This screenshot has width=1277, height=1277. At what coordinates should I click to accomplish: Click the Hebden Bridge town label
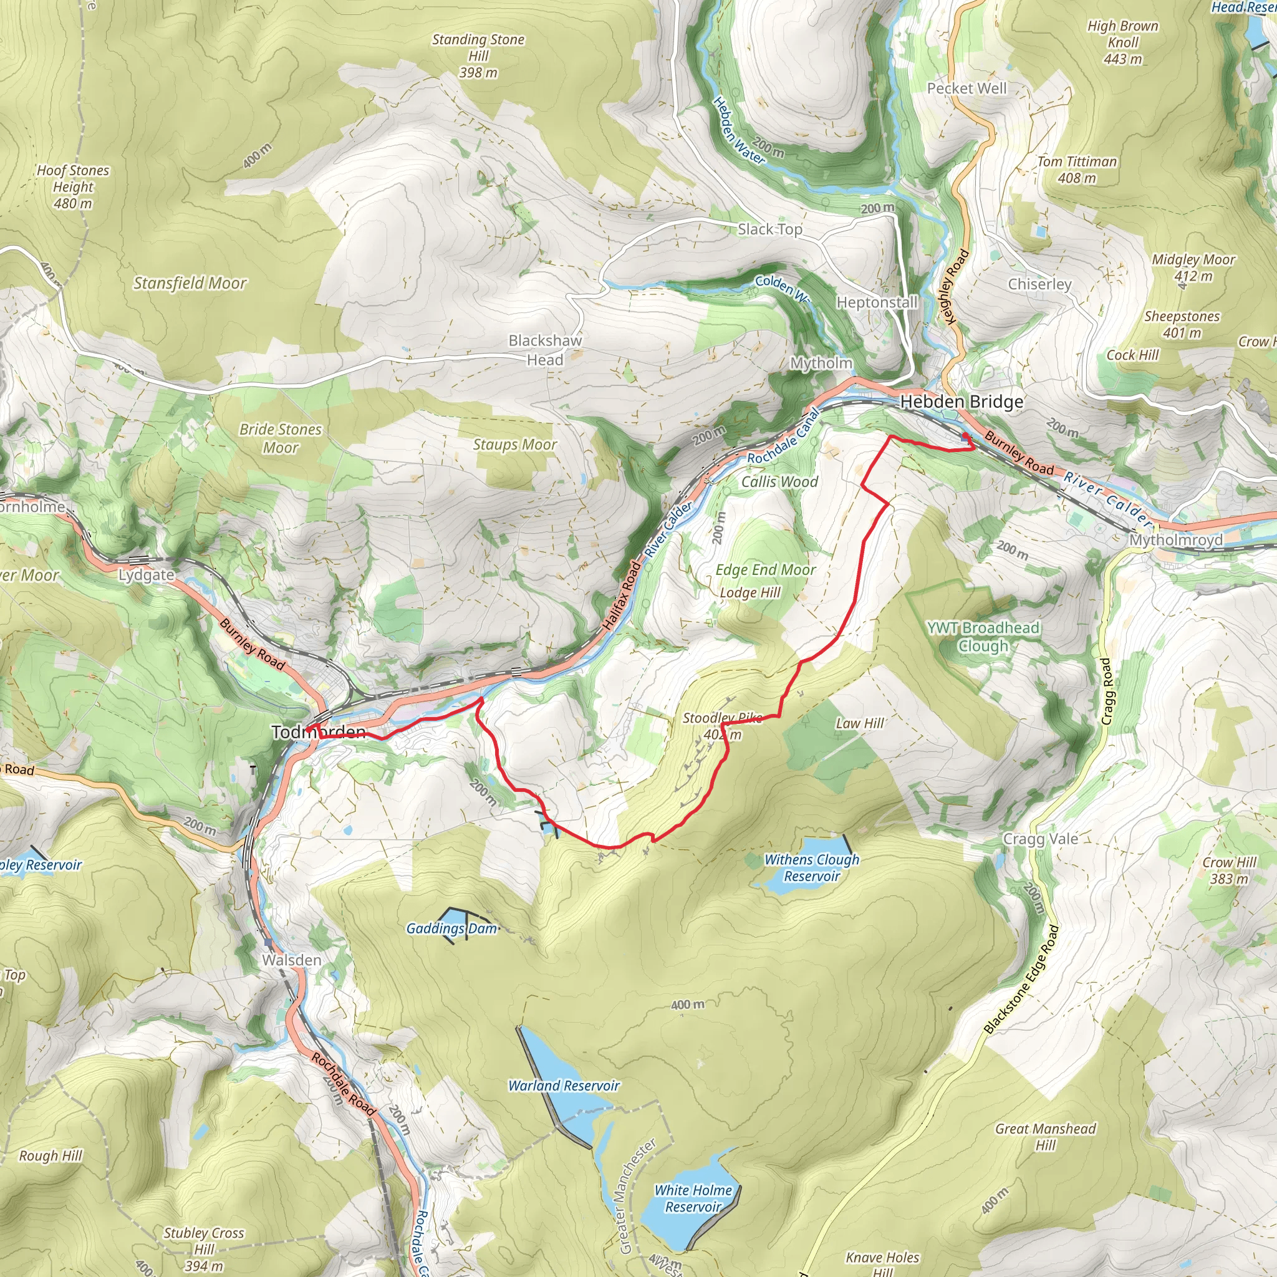[961, 402]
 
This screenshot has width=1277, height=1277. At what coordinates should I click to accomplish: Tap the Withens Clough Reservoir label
[812, 868]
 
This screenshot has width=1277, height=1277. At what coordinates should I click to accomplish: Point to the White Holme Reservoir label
[693, 1198]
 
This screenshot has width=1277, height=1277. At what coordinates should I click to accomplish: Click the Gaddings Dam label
[451, 928]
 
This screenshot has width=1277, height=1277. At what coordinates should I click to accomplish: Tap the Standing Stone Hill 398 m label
[478, 56]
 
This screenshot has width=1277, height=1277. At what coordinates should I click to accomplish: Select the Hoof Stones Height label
[73, 187]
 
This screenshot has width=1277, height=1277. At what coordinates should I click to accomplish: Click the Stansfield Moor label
[190, 284]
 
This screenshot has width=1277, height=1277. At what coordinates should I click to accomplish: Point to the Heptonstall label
[877, 302]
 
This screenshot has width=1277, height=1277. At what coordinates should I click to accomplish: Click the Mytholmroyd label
[1175, 540]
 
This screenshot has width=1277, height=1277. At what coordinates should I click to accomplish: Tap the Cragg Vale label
[1041, 839]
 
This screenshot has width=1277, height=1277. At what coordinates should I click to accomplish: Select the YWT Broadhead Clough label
[983, 637]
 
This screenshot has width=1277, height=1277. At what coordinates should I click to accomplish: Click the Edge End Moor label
[766, 570]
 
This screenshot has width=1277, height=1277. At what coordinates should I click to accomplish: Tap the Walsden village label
[291, 960]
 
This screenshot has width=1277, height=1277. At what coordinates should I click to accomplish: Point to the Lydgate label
[146, 575]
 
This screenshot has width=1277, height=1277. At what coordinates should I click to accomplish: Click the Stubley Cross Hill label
[203, 1248]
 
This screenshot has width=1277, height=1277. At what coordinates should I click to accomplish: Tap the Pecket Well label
[966, 89]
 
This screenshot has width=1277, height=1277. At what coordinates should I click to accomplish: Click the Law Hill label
[859, 724]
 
